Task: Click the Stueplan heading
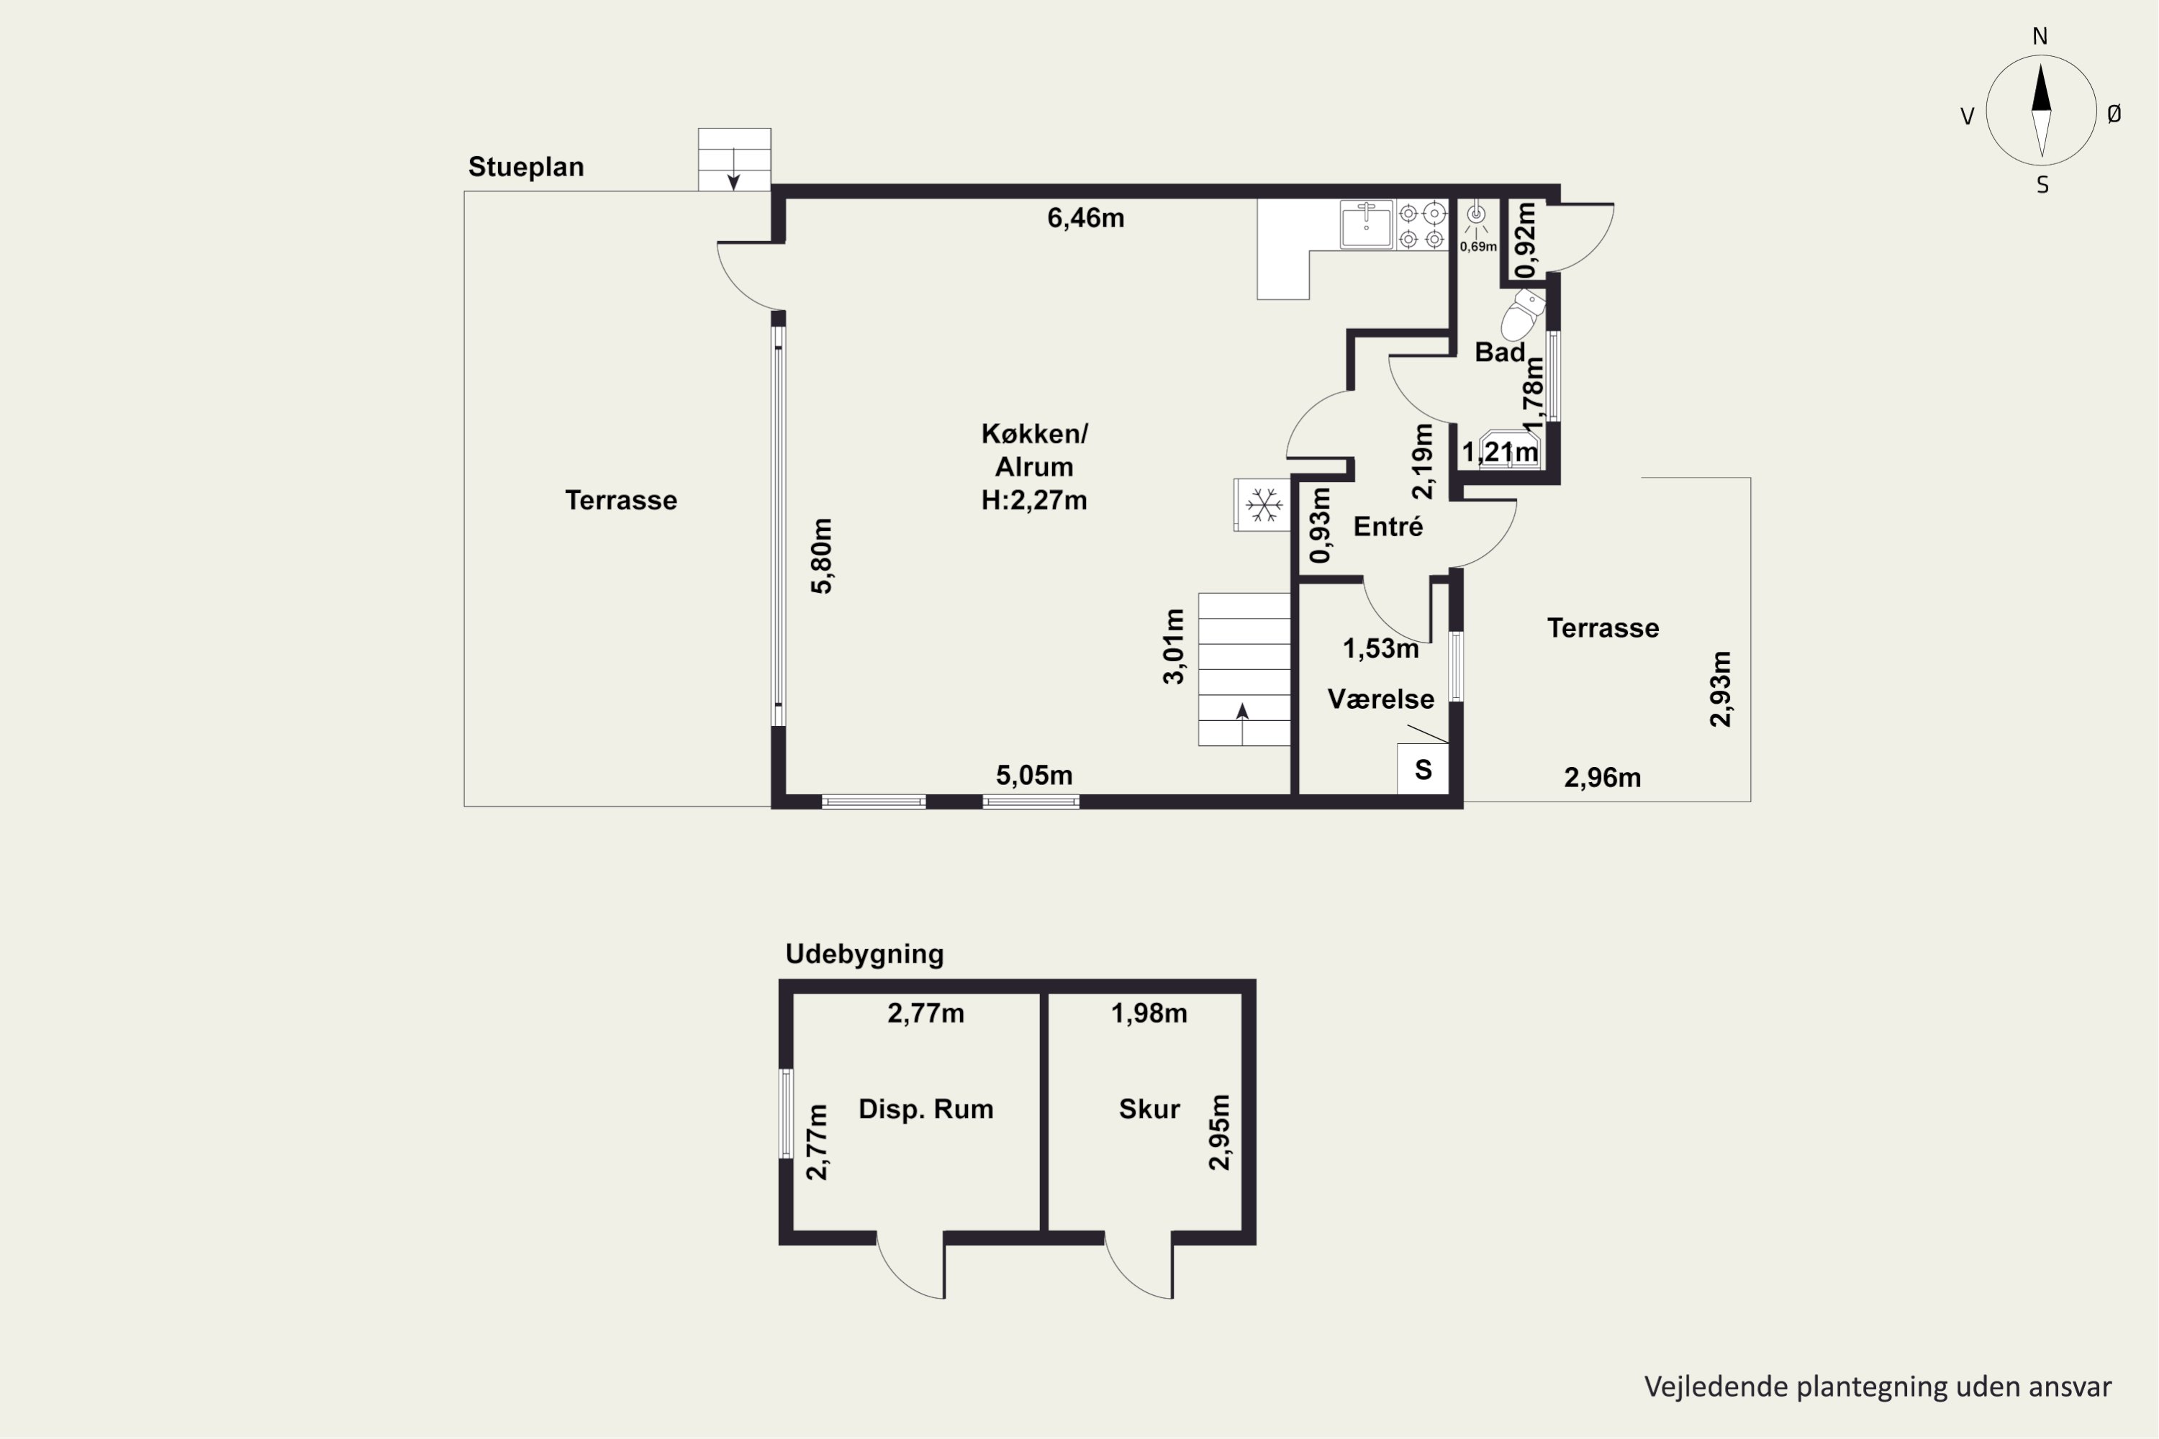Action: click(526, 167)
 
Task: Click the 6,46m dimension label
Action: click(1086, 219)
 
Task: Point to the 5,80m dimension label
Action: click(823, 556)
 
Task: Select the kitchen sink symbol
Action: click(1366, 224)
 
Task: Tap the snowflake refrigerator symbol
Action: click(1263, 505)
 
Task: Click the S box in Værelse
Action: click(1423, 769)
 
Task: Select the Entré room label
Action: click(1388, 527)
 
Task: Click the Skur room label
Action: click(1149, 1109)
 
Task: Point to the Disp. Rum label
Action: click(925, 1109)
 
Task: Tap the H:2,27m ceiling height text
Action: click(1035, 500)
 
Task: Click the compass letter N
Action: click(2040, 37)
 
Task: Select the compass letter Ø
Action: click(2114, 114)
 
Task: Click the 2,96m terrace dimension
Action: click(1603, 778)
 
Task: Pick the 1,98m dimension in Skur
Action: click(1149, 1013)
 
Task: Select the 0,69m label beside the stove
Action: click(1478, 247)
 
